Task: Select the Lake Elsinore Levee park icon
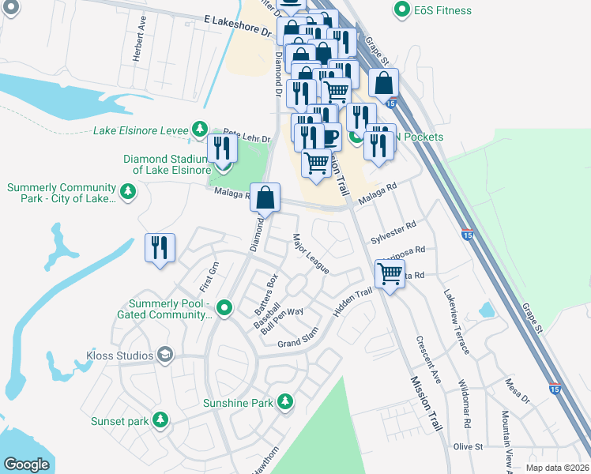coord(201,130)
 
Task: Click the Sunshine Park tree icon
coord(285,403)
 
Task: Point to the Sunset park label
coord(119,421)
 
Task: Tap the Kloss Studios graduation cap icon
coord(164,355)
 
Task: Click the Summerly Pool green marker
coord(224,307)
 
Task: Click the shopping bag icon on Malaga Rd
coord(265,197)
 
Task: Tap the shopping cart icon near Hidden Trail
coord(390,274)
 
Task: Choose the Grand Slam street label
coord(297,340)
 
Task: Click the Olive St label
coord(467,447)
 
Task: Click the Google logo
coord(26,465)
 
